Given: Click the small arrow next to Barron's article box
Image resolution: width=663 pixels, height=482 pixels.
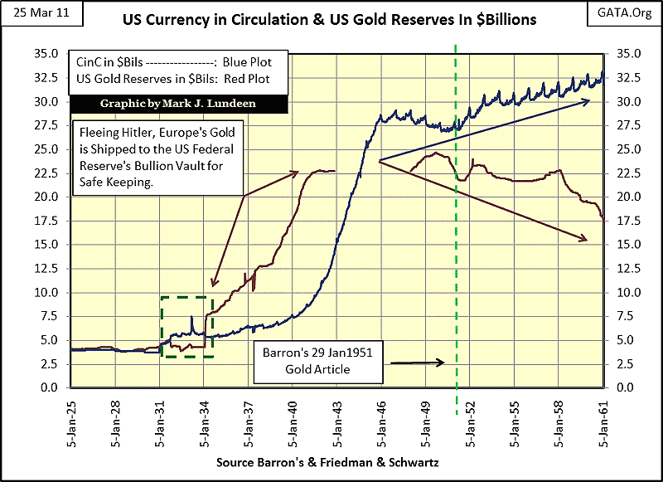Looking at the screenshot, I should coord(419,363).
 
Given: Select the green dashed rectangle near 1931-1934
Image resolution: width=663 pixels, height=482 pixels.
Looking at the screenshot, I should coord(186,327).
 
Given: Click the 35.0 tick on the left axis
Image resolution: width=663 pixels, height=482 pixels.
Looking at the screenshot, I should coord(46,54).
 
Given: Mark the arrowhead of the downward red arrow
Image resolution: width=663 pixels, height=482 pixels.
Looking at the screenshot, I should coord(583,240).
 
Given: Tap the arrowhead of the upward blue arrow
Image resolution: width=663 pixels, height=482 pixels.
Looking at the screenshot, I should coord(586,101).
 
